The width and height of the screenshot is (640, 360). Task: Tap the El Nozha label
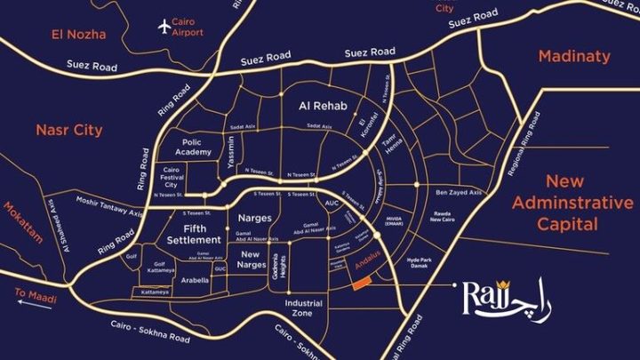[79, 35]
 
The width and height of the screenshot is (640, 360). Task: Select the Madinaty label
[574, 56]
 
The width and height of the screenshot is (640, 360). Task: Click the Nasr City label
[68, 130]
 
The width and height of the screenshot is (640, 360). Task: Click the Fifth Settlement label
[193, 233]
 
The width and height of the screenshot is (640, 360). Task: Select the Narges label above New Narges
[254, 217]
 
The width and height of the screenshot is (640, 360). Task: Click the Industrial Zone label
[304, 308]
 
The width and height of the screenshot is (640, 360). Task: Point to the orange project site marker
[359, 282]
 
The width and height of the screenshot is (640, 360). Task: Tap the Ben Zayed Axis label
[458, 192]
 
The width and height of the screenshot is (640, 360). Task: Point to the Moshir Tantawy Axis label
[110, 206]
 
